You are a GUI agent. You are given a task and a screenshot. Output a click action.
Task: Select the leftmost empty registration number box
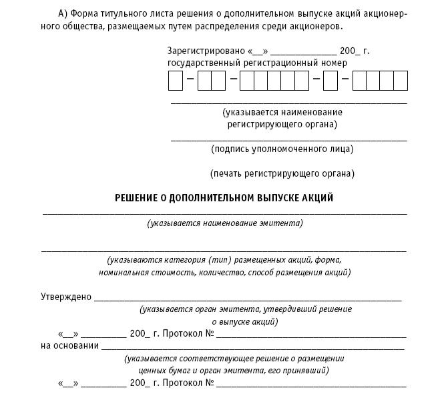pyautogui.click(x=176, y=81)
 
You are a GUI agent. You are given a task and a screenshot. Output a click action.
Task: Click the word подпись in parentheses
pyautogui.click(x=233, y=149)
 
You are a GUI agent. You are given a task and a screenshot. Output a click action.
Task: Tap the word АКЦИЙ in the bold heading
pyautogui.click(x=316, y=198)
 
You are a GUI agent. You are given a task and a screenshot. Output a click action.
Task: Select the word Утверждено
pyautogui.click(x=66, y=297)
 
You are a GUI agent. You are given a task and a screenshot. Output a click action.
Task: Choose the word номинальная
pyautogui.click(x=125, y=272)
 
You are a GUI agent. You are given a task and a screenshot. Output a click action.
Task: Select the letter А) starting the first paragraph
pyautogui.click(x=63, y=14)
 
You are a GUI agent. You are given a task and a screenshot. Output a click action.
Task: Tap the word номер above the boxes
pyautogui.click(x=334, y=63)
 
